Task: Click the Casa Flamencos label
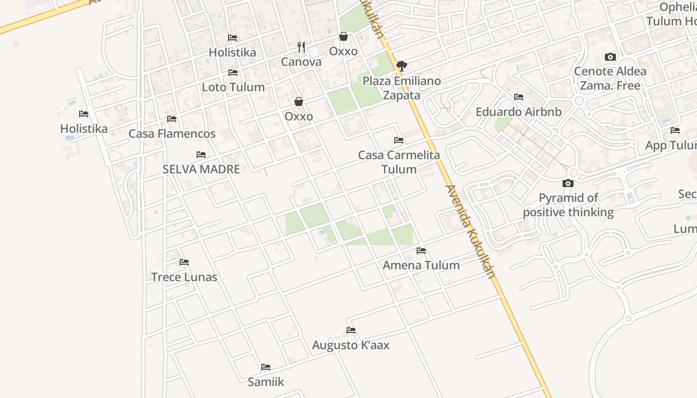coord(172,133)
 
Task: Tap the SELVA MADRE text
coord(201,169)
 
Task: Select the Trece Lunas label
coord(184,277)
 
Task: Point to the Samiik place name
coord(266,382)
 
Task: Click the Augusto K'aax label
coord(350,345)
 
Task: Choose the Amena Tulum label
coord(421,265)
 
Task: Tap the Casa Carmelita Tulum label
coord(399,162)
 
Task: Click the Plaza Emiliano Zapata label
coord(401,88)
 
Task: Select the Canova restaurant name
coord(301,62)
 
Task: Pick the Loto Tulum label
coord(233,87)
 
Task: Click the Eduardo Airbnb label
coord(518,111)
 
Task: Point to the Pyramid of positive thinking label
coord(568,205)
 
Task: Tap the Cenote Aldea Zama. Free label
coord(610,78)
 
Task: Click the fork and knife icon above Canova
coord(301,47)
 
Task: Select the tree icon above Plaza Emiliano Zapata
coord(401,66)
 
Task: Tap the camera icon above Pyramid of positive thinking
coord(568,184)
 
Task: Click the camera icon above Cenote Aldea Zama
coord(610,57)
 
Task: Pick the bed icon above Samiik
coord(266,367)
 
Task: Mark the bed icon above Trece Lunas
coord(184,262)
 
